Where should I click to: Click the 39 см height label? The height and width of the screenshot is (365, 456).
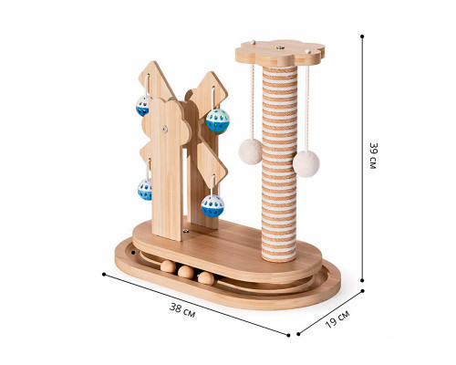[373, 155]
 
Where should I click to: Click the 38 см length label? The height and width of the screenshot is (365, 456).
[182, 310]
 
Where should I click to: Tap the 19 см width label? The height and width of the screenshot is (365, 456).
[337, 318]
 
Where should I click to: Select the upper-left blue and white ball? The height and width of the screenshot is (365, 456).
[143, 106]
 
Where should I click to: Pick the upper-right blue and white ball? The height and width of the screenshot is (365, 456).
[218, 120]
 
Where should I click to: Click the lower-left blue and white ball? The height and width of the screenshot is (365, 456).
[145, 189]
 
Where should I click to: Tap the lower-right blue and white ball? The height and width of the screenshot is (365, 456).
[212, 206]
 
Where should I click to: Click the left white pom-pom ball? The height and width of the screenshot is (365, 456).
[250, 151]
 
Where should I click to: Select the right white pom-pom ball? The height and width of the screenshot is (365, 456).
[306, 163]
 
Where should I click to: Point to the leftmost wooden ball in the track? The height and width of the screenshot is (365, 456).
[168, 266]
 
